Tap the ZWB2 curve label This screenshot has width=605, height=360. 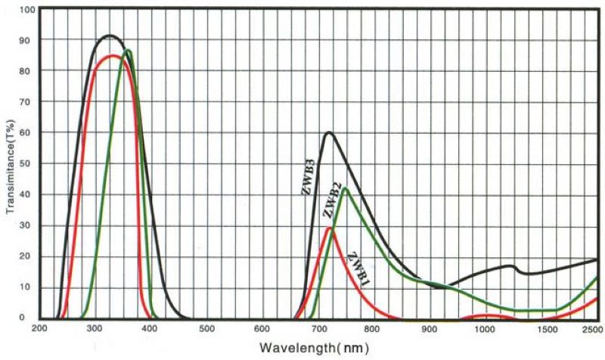pos(330,201)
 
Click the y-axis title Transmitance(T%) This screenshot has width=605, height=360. pos(10,164)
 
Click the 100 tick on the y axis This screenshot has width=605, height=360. pos(26,10)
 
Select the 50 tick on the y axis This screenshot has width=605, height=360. pos(29,164)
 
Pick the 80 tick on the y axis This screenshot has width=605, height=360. pos(29,72)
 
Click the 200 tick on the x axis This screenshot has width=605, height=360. pos(39,329)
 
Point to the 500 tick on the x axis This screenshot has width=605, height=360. pos(206,329)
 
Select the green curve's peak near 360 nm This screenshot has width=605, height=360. pos(128,51)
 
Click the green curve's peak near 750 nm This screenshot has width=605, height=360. pos(345,188)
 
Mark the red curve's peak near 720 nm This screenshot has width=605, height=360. pos(328,228)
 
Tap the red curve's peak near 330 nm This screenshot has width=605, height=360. pos(113,56)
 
